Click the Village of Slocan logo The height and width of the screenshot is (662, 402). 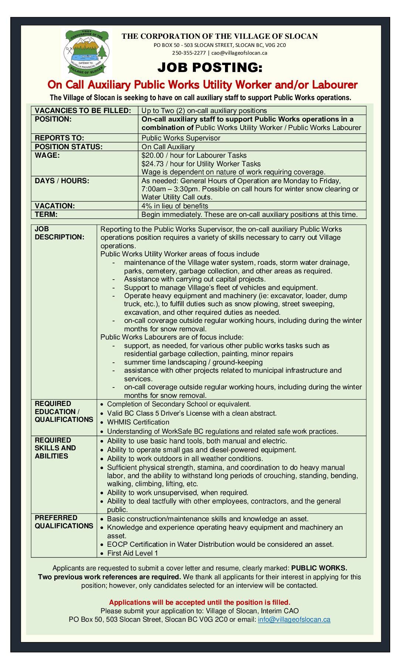click(x=86, y=52)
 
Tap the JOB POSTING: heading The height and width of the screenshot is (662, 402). click(x=209, y=68)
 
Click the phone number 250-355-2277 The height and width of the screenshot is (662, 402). click(x=189, y=53)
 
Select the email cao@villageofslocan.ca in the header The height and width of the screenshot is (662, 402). click(x=239, y=53)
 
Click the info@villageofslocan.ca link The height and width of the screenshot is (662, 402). click(x=294, y=620)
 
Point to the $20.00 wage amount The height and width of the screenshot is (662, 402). click(x=152, y=156)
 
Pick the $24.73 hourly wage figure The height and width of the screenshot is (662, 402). click(x=152, y=164)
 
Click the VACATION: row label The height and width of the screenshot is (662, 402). click(x=55, y=206)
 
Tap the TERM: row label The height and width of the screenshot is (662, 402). click(x=46, y=214)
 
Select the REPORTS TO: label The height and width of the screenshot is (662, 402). click(x=59, y=138)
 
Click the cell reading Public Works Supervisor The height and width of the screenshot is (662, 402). click(x=181, y=138)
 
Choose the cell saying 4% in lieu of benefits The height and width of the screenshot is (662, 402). click(x=175, y=206)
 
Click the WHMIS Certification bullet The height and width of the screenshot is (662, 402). click(x=138, y=422)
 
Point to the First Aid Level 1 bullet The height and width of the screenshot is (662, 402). click(x=132, y=553)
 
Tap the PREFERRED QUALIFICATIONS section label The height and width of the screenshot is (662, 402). click(x=64, y=522)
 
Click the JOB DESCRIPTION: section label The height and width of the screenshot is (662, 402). click(x=59, y=233)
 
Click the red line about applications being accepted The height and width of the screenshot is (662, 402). click(x=200, y=602)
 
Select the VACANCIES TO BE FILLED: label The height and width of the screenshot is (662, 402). click(x=83, y=110)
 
